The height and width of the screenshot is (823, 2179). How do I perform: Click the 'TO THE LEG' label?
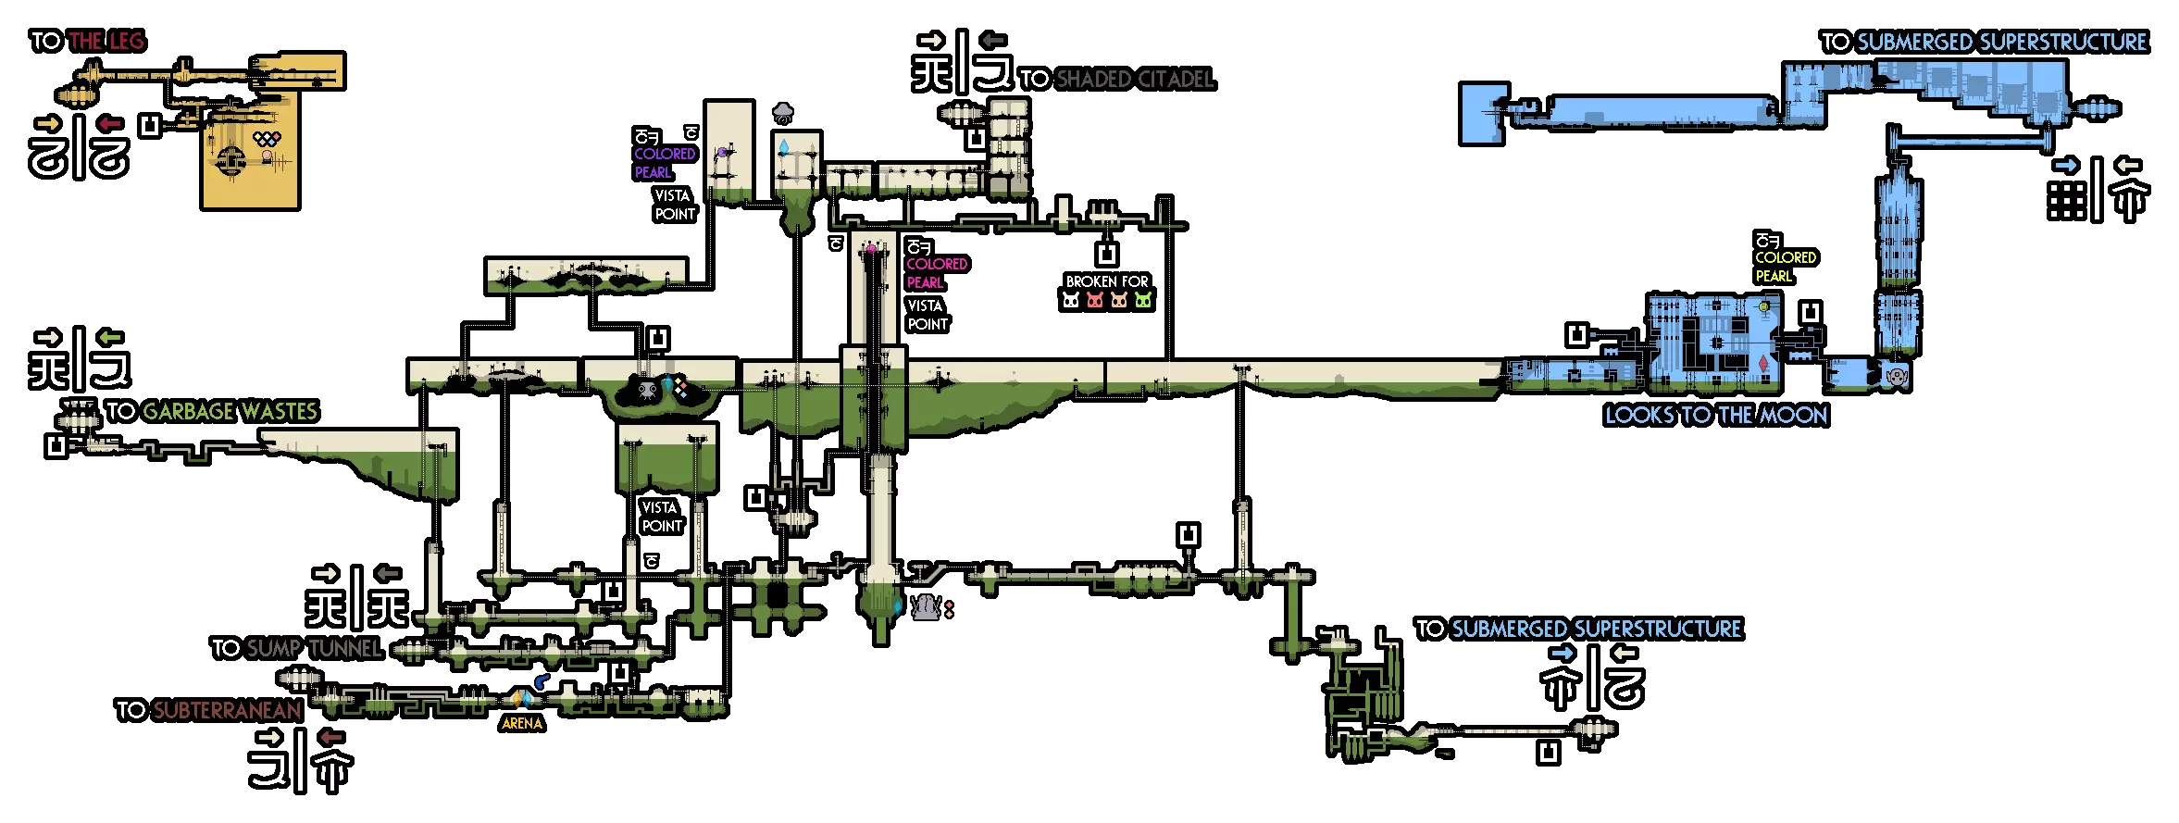click(x=88, y=41)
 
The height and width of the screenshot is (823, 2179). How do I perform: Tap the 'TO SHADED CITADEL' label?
click(x=1116, y=79)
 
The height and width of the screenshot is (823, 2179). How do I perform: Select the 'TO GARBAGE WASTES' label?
click(x=212, y=411)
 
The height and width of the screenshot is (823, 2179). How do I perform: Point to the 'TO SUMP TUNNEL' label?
click(x=297, y=648)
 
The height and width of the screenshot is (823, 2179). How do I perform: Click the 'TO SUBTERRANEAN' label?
click(x=209, y=710)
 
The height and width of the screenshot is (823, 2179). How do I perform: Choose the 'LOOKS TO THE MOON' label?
click(x=1716, y=415)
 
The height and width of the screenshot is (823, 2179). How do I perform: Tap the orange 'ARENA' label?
click(x=522, y=723)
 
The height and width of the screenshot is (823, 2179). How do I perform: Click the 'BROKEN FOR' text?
click(x=1107, y=281)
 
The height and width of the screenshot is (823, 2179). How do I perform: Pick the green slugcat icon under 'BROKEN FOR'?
click(x=1143, y=300)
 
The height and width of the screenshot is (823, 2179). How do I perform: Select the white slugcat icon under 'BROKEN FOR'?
click(x=1071, y=300)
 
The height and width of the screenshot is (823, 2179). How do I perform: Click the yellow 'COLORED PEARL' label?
click(x=1785, y=267)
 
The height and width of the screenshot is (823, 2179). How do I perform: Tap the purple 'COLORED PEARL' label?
click(x=664, y=163)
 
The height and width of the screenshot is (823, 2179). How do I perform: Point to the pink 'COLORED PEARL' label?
click(x=936, y=273)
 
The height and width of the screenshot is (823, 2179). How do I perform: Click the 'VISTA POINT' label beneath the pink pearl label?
click(x=928, y=315)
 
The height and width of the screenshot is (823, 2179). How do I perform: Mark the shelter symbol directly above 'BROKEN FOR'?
click(x=1107, y=254)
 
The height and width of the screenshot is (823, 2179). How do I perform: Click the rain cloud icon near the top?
click(x=783, y=114)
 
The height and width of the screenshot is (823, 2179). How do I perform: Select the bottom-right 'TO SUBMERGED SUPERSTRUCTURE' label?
click(x=1578, y=629)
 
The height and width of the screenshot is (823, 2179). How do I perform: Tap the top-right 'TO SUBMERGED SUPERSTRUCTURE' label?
click(x=1984, y=42)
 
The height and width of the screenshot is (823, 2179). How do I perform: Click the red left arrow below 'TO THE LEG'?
click(x=110, y=123)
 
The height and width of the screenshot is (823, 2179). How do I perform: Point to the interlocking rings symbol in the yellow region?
click(x=267, y=139)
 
